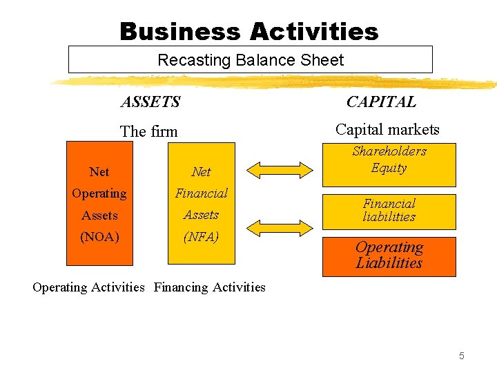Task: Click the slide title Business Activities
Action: coord(248,31)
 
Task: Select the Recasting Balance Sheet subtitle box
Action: coord(250,60)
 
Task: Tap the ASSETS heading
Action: coord(150,102)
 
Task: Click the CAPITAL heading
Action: coord(381,102)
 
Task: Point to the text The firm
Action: coord(148,131)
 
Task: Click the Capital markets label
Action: coord(387,129)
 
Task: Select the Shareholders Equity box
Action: coord(389,164)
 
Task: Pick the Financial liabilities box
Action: coord(389,211)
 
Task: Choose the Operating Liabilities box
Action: coord(389,256)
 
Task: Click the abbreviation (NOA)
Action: coord(99,237)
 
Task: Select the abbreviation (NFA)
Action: coord(201,237)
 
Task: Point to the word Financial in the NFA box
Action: coord(201,193)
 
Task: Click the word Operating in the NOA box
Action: coord(99,193)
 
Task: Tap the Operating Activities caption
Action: coord(88,287)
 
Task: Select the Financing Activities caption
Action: coord(210,287)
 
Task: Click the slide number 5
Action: coord(462,356)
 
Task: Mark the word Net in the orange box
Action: coord(99,171)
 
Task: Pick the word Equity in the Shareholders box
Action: coord(389,168)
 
